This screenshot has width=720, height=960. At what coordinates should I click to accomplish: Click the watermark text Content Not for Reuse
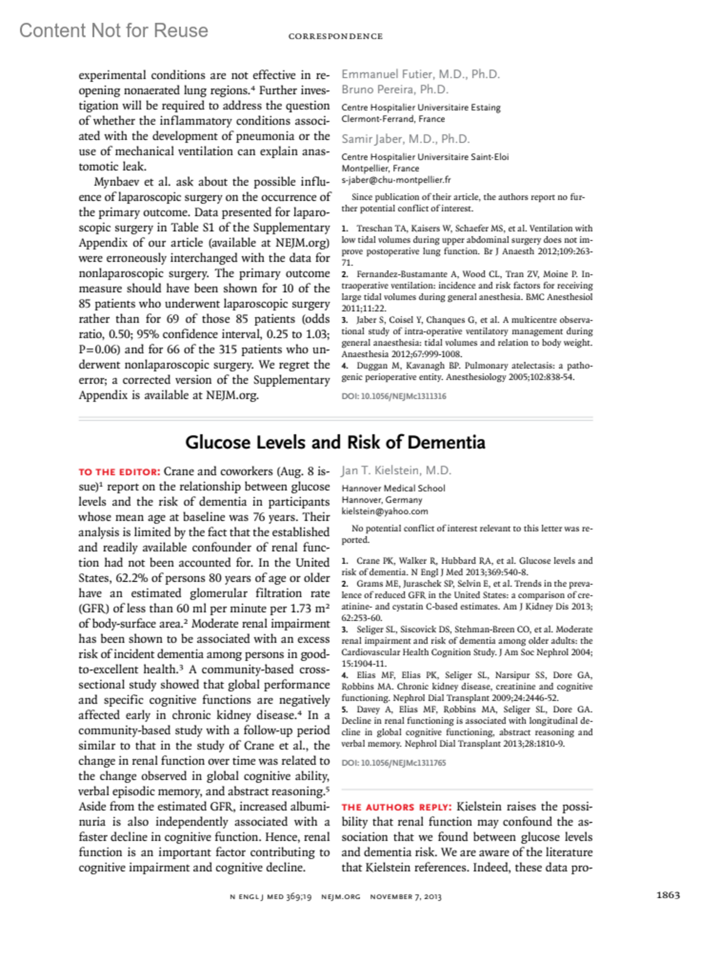114,31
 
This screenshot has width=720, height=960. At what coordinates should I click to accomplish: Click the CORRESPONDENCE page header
335,37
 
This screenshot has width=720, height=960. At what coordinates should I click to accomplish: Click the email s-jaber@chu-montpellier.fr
396,179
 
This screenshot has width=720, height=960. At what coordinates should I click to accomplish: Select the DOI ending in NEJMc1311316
394,396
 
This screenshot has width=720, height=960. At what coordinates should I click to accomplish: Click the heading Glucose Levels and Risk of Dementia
335,442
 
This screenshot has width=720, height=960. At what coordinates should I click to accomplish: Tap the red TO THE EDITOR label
119,472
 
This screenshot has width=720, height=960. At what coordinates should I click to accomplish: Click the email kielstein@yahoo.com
385,511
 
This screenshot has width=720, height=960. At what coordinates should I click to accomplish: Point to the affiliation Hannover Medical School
393,488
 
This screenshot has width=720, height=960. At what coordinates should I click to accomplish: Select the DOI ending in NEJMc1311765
394,763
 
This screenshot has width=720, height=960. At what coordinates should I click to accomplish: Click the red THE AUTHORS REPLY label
396,808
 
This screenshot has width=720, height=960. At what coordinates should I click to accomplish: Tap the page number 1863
668,895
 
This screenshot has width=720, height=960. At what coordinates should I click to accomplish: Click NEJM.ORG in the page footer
340,897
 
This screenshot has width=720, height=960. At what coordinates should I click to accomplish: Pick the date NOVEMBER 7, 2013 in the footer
406,897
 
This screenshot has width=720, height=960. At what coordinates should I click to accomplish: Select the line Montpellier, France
380,168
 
